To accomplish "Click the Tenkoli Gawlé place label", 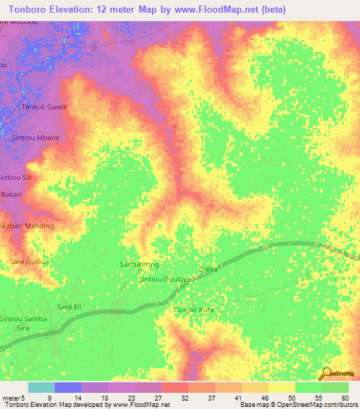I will [46, 106].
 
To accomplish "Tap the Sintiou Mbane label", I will [36, 138].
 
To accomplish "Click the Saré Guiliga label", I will [30, 261].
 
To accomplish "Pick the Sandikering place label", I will [140, 264].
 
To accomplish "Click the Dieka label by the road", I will [209, 269].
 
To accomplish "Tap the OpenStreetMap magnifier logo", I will [326, 373].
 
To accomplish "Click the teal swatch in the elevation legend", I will [41, 387].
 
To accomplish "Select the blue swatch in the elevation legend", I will [68, 387].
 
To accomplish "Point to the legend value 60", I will [345, 397].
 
